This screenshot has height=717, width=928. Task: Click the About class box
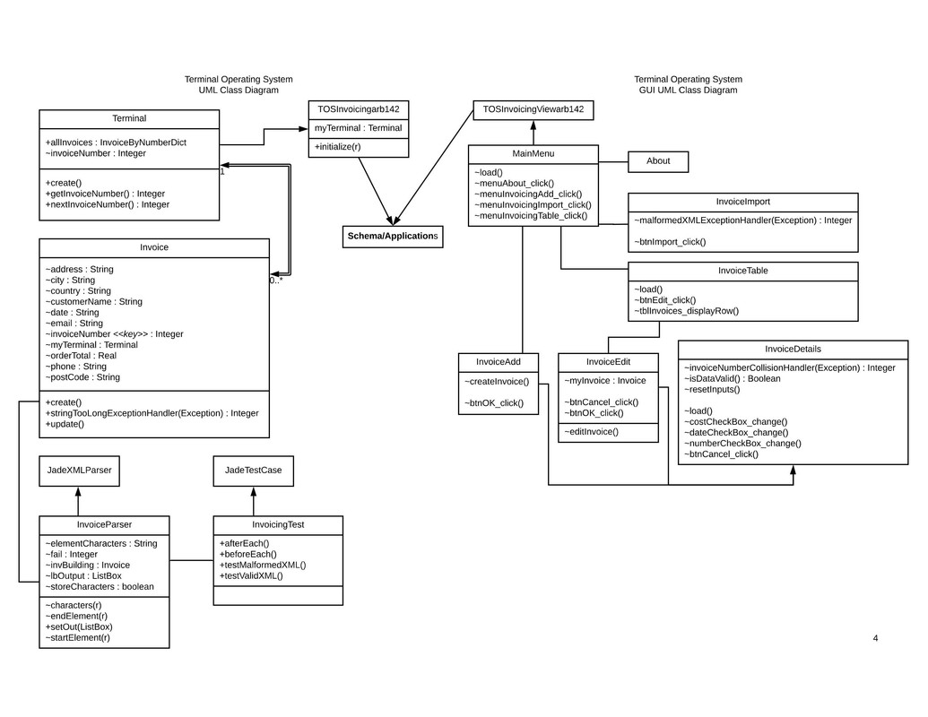click(x=657, y=161)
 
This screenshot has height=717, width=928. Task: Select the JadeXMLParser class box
click(x=79, y=471)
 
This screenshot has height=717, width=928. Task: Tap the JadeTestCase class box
click(x=253, y=471)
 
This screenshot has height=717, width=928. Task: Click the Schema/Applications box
click(x=393, y=236)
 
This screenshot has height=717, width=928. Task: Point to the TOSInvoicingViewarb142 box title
click(x=533, y=109)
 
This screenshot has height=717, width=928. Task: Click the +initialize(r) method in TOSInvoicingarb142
click(x=337, y=147)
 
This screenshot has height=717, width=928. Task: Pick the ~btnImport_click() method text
click(x=670, y=242)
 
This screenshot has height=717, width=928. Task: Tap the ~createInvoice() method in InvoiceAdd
click(x=496, y=382)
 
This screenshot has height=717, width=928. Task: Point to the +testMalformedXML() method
click(x=263, y=565)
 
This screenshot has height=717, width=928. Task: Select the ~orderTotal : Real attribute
click(x=81, y=356)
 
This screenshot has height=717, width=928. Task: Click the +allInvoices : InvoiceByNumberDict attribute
click(x=116, y=143)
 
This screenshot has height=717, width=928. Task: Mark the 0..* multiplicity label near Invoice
click(x=276, y=281)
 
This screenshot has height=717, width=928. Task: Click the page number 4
click(x=875, y=638)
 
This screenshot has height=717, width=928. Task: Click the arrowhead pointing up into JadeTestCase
click(x=253, y=491)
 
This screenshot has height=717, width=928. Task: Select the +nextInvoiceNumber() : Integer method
click(x=107, y=204)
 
